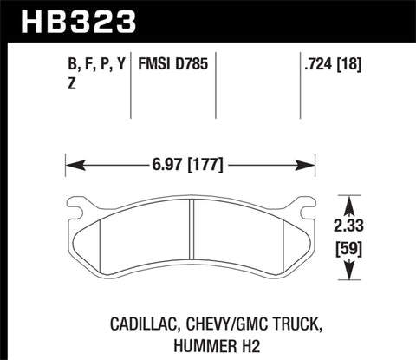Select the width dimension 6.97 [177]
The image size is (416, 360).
pos(191,161)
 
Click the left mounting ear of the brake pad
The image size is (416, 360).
pos(76,207)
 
